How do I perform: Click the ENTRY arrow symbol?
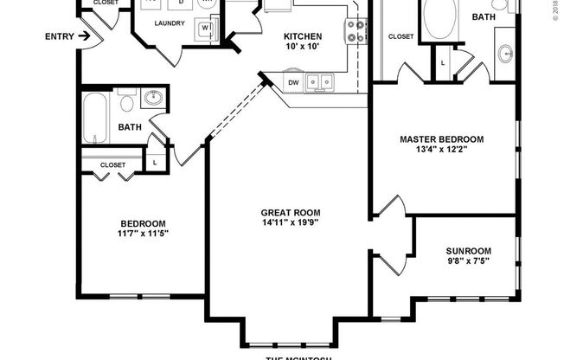coord(83,36)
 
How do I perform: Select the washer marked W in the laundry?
coord(206,28)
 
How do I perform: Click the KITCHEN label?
coord(303,36)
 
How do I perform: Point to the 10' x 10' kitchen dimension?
coord(303,48)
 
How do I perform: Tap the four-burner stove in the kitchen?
coord(356,31)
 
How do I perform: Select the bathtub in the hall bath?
coord(96,119)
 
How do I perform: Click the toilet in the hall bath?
coord(127,103)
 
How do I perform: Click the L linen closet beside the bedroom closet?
coord(155,162)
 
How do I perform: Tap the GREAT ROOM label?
coord(291,212)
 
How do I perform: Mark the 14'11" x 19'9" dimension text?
coord(291,223)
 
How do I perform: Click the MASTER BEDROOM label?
coord(441,138)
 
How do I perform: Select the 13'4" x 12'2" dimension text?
coord(441,149)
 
